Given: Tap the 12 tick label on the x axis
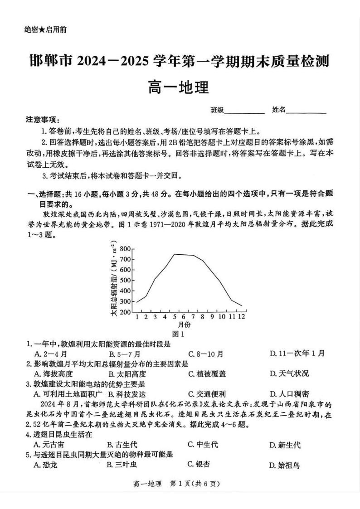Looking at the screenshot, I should (242, 317).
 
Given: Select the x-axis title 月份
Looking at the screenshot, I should (184, 325).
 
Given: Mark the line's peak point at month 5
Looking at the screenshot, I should (175, 254).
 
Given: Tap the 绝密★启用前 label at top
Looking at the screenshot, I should (44, 30).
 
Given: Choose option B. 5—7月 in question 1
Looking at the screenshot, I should (124, 354).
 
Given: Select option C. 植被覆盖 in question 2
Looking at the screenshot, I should (207, 373).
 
